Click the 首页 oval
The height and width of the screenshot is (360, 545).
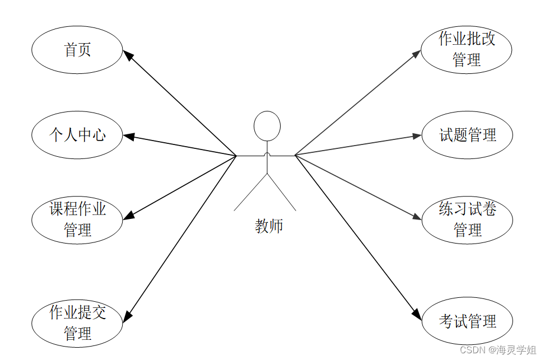coord(77,50)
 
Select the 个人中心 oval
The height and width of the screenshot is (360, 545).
coord(77,135)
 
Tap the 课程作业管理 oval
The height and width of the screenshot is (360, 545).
coord(77,220)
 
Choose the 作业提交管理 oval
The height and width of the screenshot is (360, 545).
coord(77,322)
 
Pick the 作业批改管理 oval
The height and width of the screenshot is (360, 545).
coord(466,49)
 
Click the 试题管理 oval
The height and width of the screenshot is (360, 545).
coord(467,135)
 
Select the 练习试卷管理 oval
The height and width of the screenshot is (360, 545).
coord(467,220)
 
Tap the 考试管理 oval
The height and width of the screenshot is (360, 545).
coord(467,321)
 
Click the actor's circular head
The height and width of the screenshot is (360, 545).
coord(267,126)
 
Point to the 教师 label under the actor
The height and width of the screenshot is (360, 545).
coord(269,226)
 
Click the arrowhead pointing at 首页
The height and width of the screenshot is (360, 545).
coord(128,55)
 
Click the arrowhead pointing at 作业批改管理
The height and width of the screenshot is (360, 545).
coord(416,54)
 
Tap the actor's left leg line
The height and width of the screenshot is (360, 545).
coord(251,192)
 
